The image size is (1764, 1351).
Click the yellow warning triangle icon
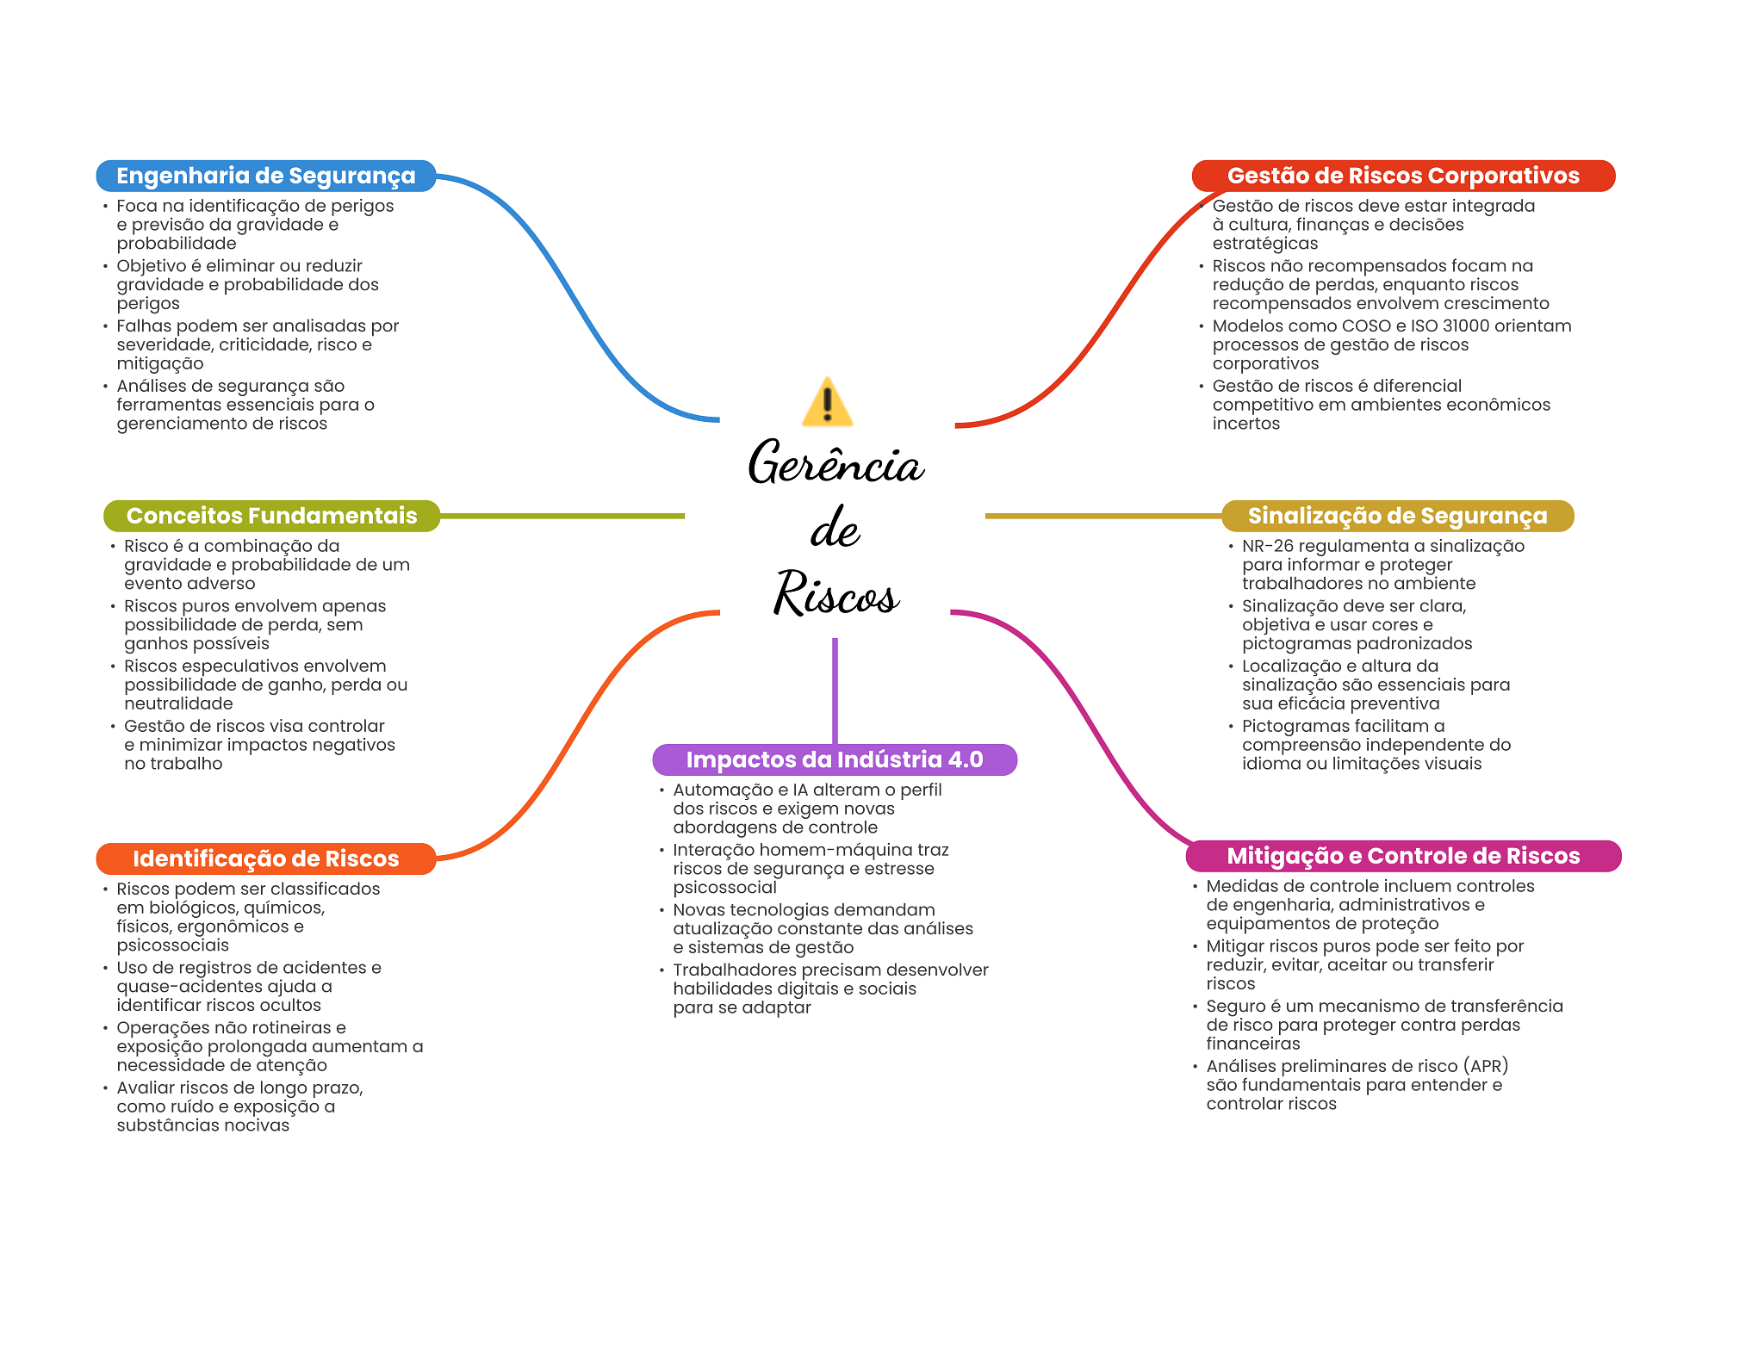click(827, 402)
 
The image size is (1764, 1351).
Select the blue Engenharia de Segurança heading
click(266, 176)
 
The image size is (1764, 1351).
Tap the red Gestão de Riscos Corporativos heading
click(1403, 176)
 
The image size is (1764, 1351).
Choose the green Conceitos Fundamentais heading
click(271, 516)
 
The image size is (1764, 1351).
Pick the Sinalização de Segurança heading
click(1397, 516)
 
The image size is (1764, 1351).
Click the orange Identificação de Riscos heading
click(266, 858)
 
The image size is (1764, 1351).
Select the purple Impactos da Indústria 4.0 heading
click(835, 759)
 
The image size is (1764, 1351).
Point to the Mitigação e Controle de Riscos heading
click(1403, 856)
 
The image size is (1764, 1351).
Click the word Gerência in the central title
click(835, 462)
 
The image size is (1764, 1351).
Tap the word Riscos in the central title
click(836, 593)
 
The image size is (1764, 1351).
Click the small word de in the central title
click(835, 528)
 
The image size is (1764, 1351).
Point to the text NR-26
click(1267, 546)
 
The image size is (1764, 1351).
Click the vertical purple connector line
click(835, 691)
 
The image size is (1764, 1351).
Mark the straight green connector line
click(562, 516)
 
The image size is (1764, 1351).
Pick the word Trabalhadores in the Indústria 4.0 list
click(734, 970)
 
